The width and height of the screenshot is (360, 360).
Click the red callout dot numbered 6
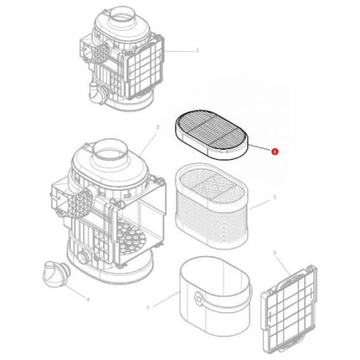[273, 152]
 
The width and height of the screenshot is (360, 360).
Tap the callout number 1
[198, 50]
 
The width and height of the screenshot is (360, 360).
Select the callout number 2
[157, 127]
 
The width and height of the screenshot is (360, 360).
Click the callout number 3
[275, 251]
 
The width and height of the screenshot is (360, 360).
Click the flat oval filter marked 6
[213, 136]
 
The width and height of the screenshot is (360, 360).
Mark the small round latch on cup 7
[200, 299]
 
